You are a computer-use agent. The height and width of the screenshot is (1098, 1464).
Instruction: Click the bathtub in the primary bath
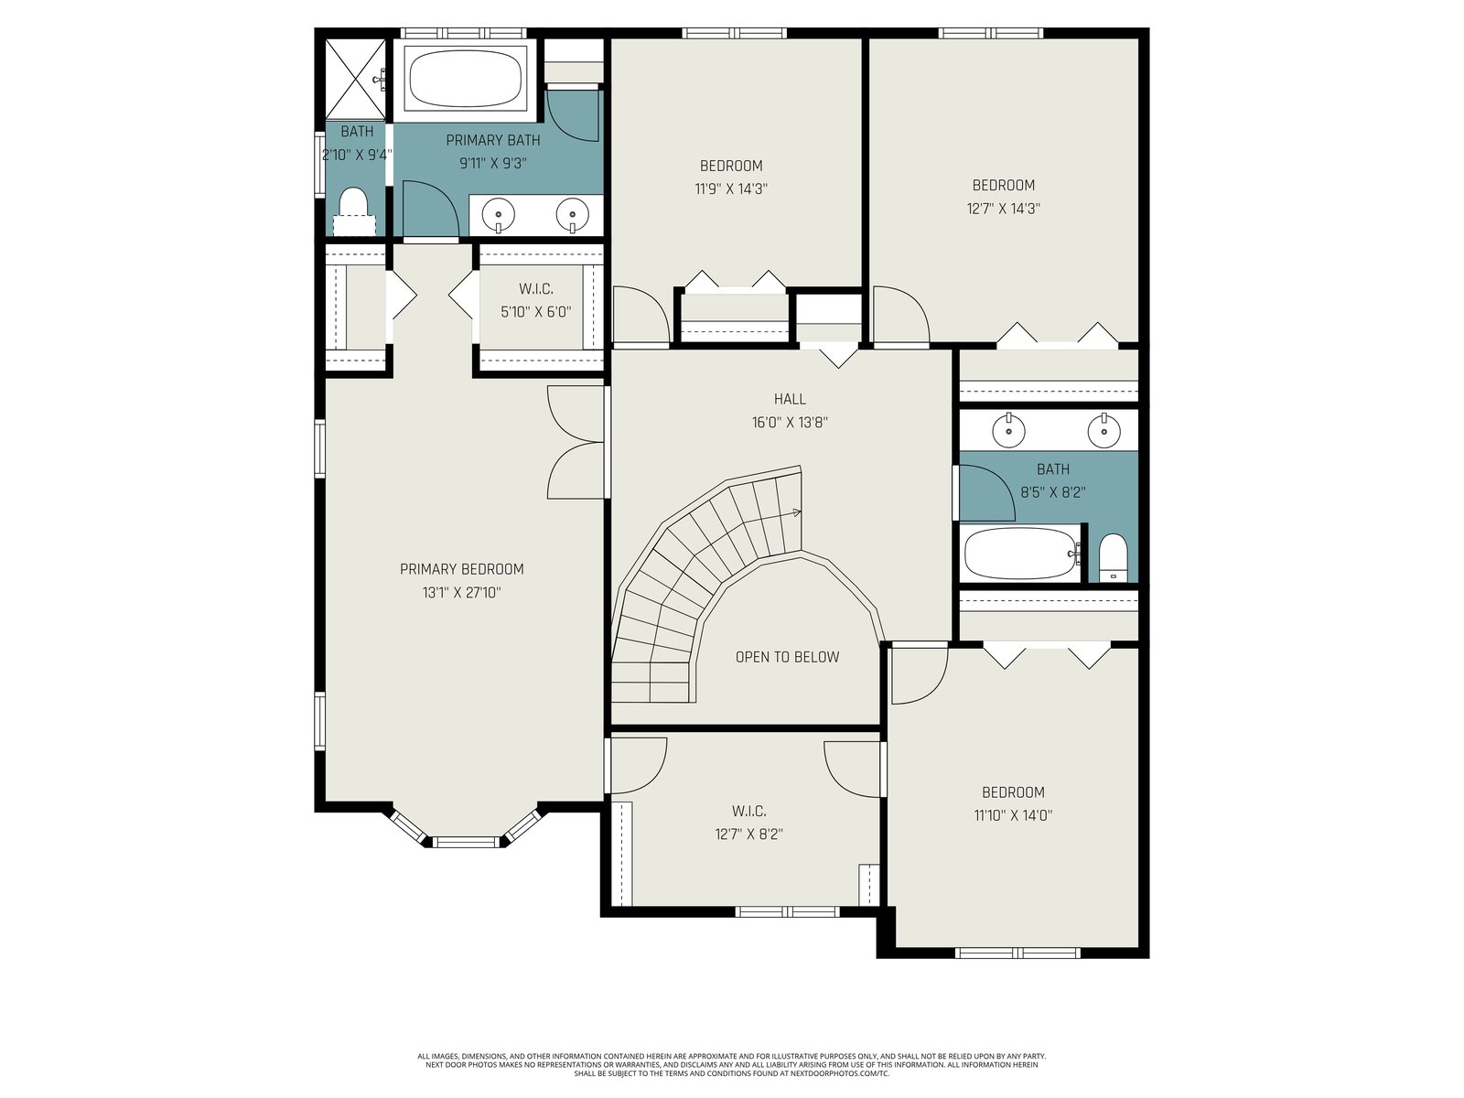[x=465, y=79]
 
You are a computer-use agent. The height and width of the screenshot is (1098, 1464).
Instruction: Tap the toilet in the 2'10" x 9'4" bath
[x=353, y=210]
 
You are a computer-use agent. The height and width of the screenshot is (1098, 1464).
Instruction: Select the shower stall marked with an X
[x=355, y=79]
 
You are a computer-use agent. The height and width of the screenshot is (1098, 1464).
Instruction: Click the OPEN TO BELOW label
[x=787, y=657]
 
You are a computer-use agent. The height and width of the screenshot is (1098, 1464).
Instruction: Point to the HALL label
[x=790, y=399]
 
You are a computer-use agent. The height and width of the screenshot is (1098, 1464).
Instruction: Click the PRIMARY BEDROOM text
[x=461, y=569]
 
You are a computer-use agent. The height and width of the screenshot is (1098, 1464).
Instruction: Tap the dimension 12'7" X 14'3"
[x=1003, y=209]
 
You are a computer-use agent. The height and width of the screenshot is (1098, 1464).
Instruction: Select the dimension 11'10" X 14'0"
[x=1013, y=815]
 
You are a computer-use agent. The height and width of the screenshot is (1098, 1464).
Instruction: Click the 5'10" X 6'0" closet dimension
[x=535, y=312]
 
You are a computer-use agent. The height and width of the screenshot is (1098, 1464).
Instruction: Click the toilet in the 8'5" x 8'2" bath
[x=1112, y=557]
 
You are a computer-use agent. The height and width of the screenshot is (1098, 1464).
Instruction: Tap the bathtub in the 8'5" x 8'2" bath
[x=1020, y=554]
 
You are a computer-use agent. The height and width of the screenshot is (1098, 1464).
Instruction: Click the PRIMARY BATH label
[x=493, y=141]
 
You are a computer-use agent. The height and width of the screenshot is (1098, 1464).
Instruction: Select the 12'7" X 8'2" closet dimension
[x=748, y=834]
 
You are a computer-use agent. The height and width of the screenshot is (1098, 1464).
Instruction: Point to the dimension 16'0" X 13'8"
[x=790, y=423]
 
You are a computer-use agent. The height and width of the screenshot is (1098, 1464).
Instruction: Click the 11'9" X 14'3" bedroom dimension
[x=731, y=189]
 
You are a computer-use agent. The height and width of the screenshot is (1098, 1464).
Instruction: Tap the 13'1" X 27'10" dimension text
[x=461, y=593]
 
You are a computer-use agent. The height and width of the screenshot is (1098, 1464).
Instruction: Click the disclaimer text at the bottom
[x=732, y=1065]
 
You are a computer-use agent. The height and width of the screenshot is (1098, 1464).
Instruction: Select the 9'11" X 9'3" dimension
[x=493, y=164]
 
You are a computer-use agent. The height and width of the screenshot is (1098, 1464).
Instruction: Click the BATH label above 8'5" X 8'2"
[x=1053, y=469]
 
